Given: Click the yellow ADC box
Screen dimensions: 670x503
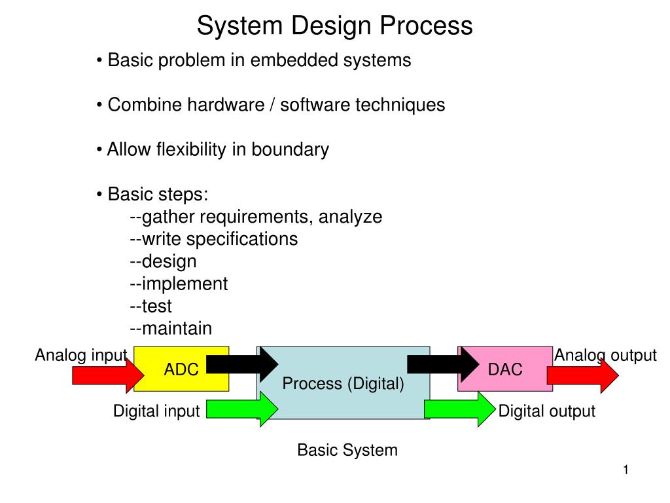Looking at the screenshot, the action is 181,369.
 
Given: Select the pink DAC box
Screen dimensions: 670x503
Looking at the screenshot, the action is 505,369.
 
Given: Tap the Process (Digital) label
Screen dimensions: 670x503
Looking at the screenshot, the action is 343,384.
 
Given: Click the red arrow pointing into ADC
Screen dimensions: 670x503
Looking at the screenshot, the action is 108,375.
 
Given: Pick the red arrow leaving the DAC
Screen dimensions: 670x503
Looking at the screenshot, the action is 583,375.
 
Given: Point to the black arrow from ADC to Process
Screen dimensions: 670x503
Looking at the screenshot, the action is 242,364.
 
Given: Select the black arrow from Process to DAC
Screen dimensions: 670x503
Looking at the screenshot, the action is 443,364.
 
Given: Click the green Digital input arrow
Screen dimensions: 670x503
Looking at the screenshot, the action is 242,409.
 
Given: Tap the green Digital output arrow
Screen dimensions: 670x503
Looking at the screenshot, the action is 460,409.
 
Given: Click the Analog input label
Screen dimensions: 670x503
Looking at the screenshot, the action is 81,355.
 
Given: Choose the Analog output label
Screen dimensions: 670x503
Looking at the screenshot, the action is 605,355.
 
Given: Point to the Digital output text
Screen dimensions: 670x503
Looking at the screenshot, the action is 546,411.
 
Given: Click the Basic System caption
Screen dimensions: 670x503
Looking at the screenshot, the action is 347,450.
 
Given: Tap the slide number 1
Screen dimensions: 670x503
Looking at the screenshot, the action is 626,470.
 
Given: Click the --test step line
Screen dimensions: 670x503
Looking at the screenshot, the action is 150,306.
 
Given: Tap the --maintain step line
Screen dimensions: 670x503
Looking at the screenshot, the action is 171,329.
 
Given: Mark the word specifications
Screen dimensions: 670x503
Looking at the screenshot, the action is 242,239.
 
